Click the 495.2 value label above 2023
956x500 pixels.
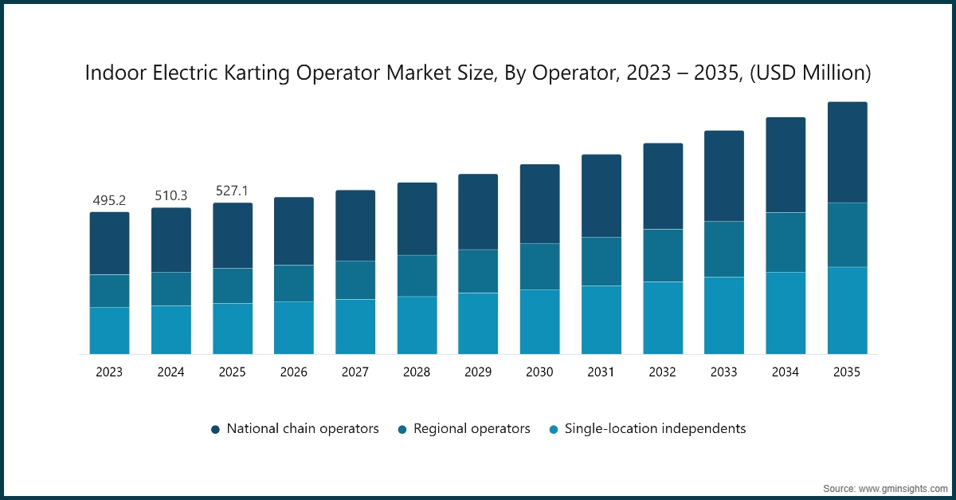[x=109, y=200]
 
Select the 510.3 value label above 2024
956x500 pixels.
[x=171, y=195]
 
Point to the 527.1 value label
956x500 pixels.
[x=233, y=191]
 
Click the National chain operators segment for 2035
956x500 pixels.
[x=847, y=152]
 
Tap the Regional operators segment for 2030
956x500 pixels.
[x=540, y=266]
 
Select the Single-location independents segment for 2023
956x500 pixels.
[x=109, y=330]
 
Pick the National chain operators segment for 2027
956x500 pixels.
[x=355, y=226]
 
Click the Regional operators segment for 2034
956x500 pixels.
[x=786, y=242]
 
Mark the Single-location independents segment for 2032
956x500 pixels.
[x=663, y=317]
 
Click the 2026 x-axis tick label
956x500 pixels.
[x=294, y=372]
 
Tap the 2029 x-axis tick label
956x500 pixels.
[x=478, y=372]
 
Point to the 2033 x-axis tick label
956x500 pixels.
[x=724, y=372]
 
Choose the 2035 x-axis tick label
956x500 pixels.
[x=847, y=372]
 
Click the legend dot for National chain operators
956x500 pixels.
[x=215, y=429]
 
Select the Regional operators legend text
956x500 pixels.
[x=472, y=428]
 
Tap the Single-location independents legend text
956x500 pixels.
[x=655, y=428]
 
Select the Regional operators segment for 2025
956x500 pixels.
[x=233, y=285]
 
